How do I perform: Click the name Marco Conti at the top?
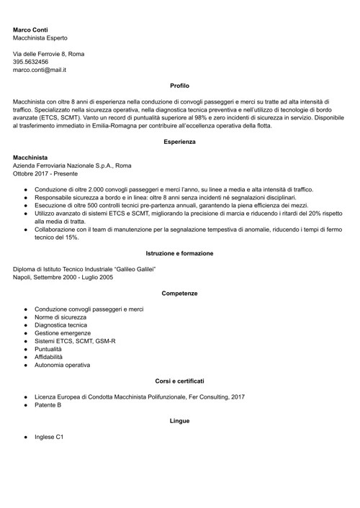coord(31,30)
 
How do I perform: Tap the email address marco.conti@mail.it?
coord(40,71)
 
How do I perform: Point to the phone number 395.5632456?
coord(31,62)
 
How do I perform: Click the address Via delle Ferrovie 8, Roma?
coord(48,54)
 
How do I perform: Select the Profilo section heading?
coord(179,86)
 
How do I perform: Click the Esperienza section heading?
coord(179,142)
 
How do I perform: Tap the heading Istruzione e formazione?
coord(179,253)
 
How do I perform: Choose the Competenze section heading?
coord(179,294)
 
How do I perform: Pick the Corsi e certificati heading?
coord(179,381)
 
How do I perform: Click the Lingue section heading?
coord(179,420)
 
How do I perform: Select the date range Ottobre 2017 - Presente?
coord(45,173)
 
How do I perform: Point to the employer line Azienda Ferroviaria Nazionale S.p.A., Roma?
coord(72,165)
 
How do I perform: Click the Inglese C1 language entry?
coord(49,437)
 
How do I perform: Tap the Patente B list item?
coord(48,405)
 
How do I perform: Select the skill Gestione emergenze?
coord(63,333)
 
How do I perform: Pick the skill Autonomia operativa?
coord(63,365)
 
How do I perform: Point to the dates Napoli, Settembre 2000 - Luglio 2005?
coord(63,277)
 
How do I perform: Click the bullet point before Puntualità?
coord(25,349)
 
